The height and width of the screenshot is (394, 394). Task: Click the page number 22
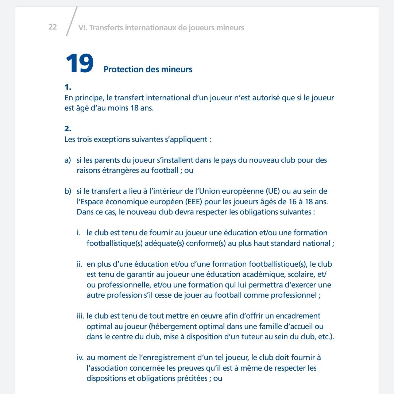click(x=53, y=27)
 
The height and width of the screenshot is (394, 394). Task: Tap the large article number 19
click(x=79, y=64)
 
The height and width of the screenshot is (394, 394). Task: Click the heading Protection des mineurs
click(x=148, y=69)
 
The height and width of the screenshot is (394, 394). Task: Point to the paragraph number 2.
click(x=67, y=129)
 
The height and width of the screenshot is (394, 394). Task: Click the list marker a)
click(x=68, y=160)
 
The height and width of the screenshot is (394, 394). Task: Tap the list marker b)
click(x=68, y=191)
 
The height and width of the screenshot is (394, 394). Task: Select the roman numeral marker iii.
click(x=81, y=316)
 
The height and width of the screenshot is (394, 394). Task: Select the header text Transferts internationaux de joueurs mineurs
click(x=166, y=28)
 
